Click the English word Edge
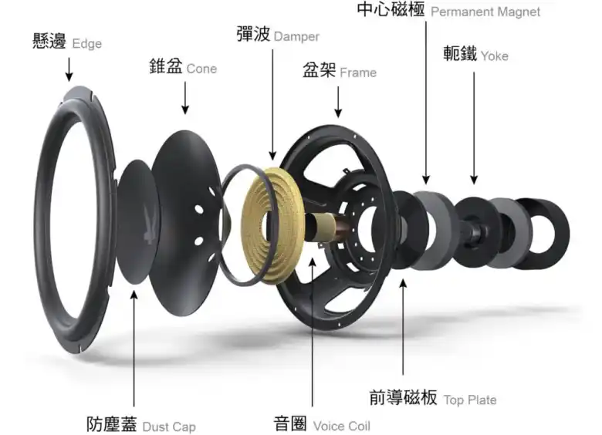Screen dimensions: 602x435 86,44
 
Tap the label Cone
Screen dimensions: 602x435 201,69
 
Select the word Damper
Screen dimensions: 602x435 296,36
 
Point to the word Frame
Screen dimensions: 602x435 358,72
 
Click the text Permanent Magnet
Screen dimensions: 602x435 485,12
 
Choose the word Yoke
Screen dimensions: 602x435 495,56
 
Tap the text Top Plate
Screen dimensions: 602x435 470,400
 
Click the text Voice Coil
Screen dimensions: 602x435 342,426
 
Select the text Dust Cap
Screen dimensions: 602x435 169,427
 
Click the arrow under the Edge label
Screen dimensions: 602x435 69,69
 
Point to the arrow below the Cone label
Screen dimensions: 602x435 185,98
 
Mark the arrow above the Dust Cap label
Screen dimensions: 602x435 134,349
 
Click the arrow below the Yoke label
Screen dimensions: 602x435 474,128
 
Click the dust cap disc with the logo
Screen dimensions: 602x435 137,221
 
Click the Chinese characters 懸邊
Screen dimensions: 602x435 49,42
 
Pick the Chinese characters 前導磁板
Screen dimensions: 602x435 403,397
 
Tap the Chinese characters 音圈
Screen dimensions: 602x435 290,423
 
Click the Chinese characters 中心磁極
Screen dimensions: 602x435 391,9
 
